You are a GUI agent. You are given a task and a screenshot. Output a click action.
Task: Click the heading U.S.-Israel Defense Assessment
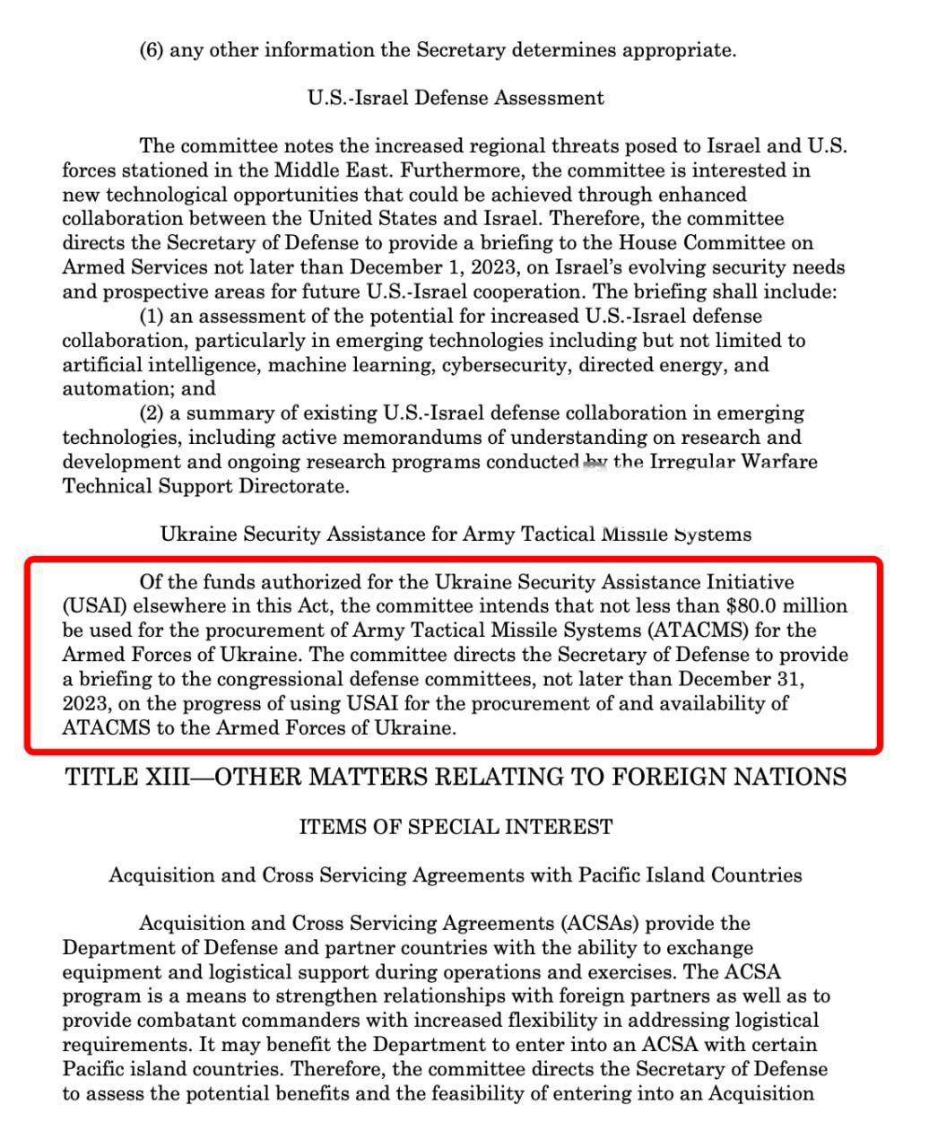coord(456,98)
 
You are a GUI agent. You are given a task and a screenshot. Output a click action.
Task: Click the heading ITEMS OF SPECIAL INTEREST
coord(456,826)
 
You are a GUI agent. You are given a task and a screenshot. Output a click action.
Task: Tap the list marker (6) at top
coord(151,50)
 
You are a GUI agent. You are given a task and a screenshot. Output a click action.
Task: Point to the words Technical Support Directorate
coord(204,487)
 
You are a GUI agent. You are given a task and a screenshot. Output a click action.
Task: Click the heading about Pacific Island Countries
coord(456,875)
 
